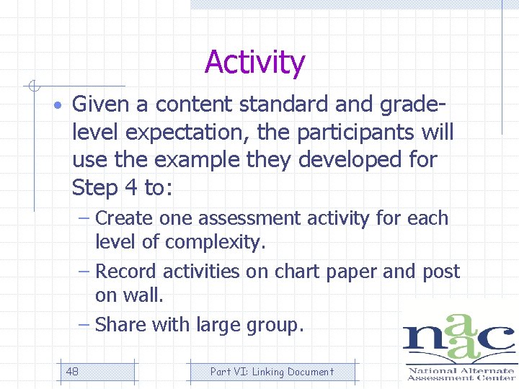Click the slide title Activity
pos(254,63)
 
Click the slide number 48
pos(72,372)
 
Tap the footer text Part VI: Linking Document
pos(272,372)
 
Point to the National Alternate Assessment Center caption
pos(461,374)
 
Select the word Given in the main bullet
pos(101,105)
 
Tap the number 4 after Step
pos(130,188)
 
